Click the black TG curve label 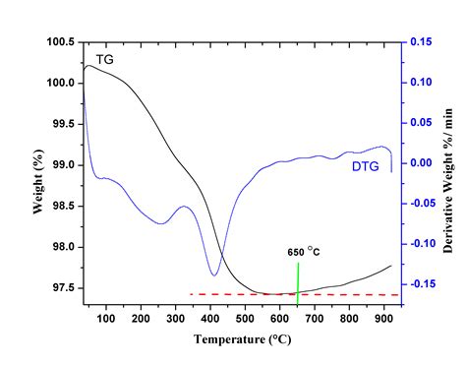click(x=104, y=59)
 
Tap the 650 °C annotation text click(x=303, y=252)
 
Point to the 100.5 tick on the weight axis click(x=61, y=42)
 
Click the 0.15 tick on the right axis click(x=423, y=42)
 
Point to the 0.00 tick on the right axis click(x=423, y=163)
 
